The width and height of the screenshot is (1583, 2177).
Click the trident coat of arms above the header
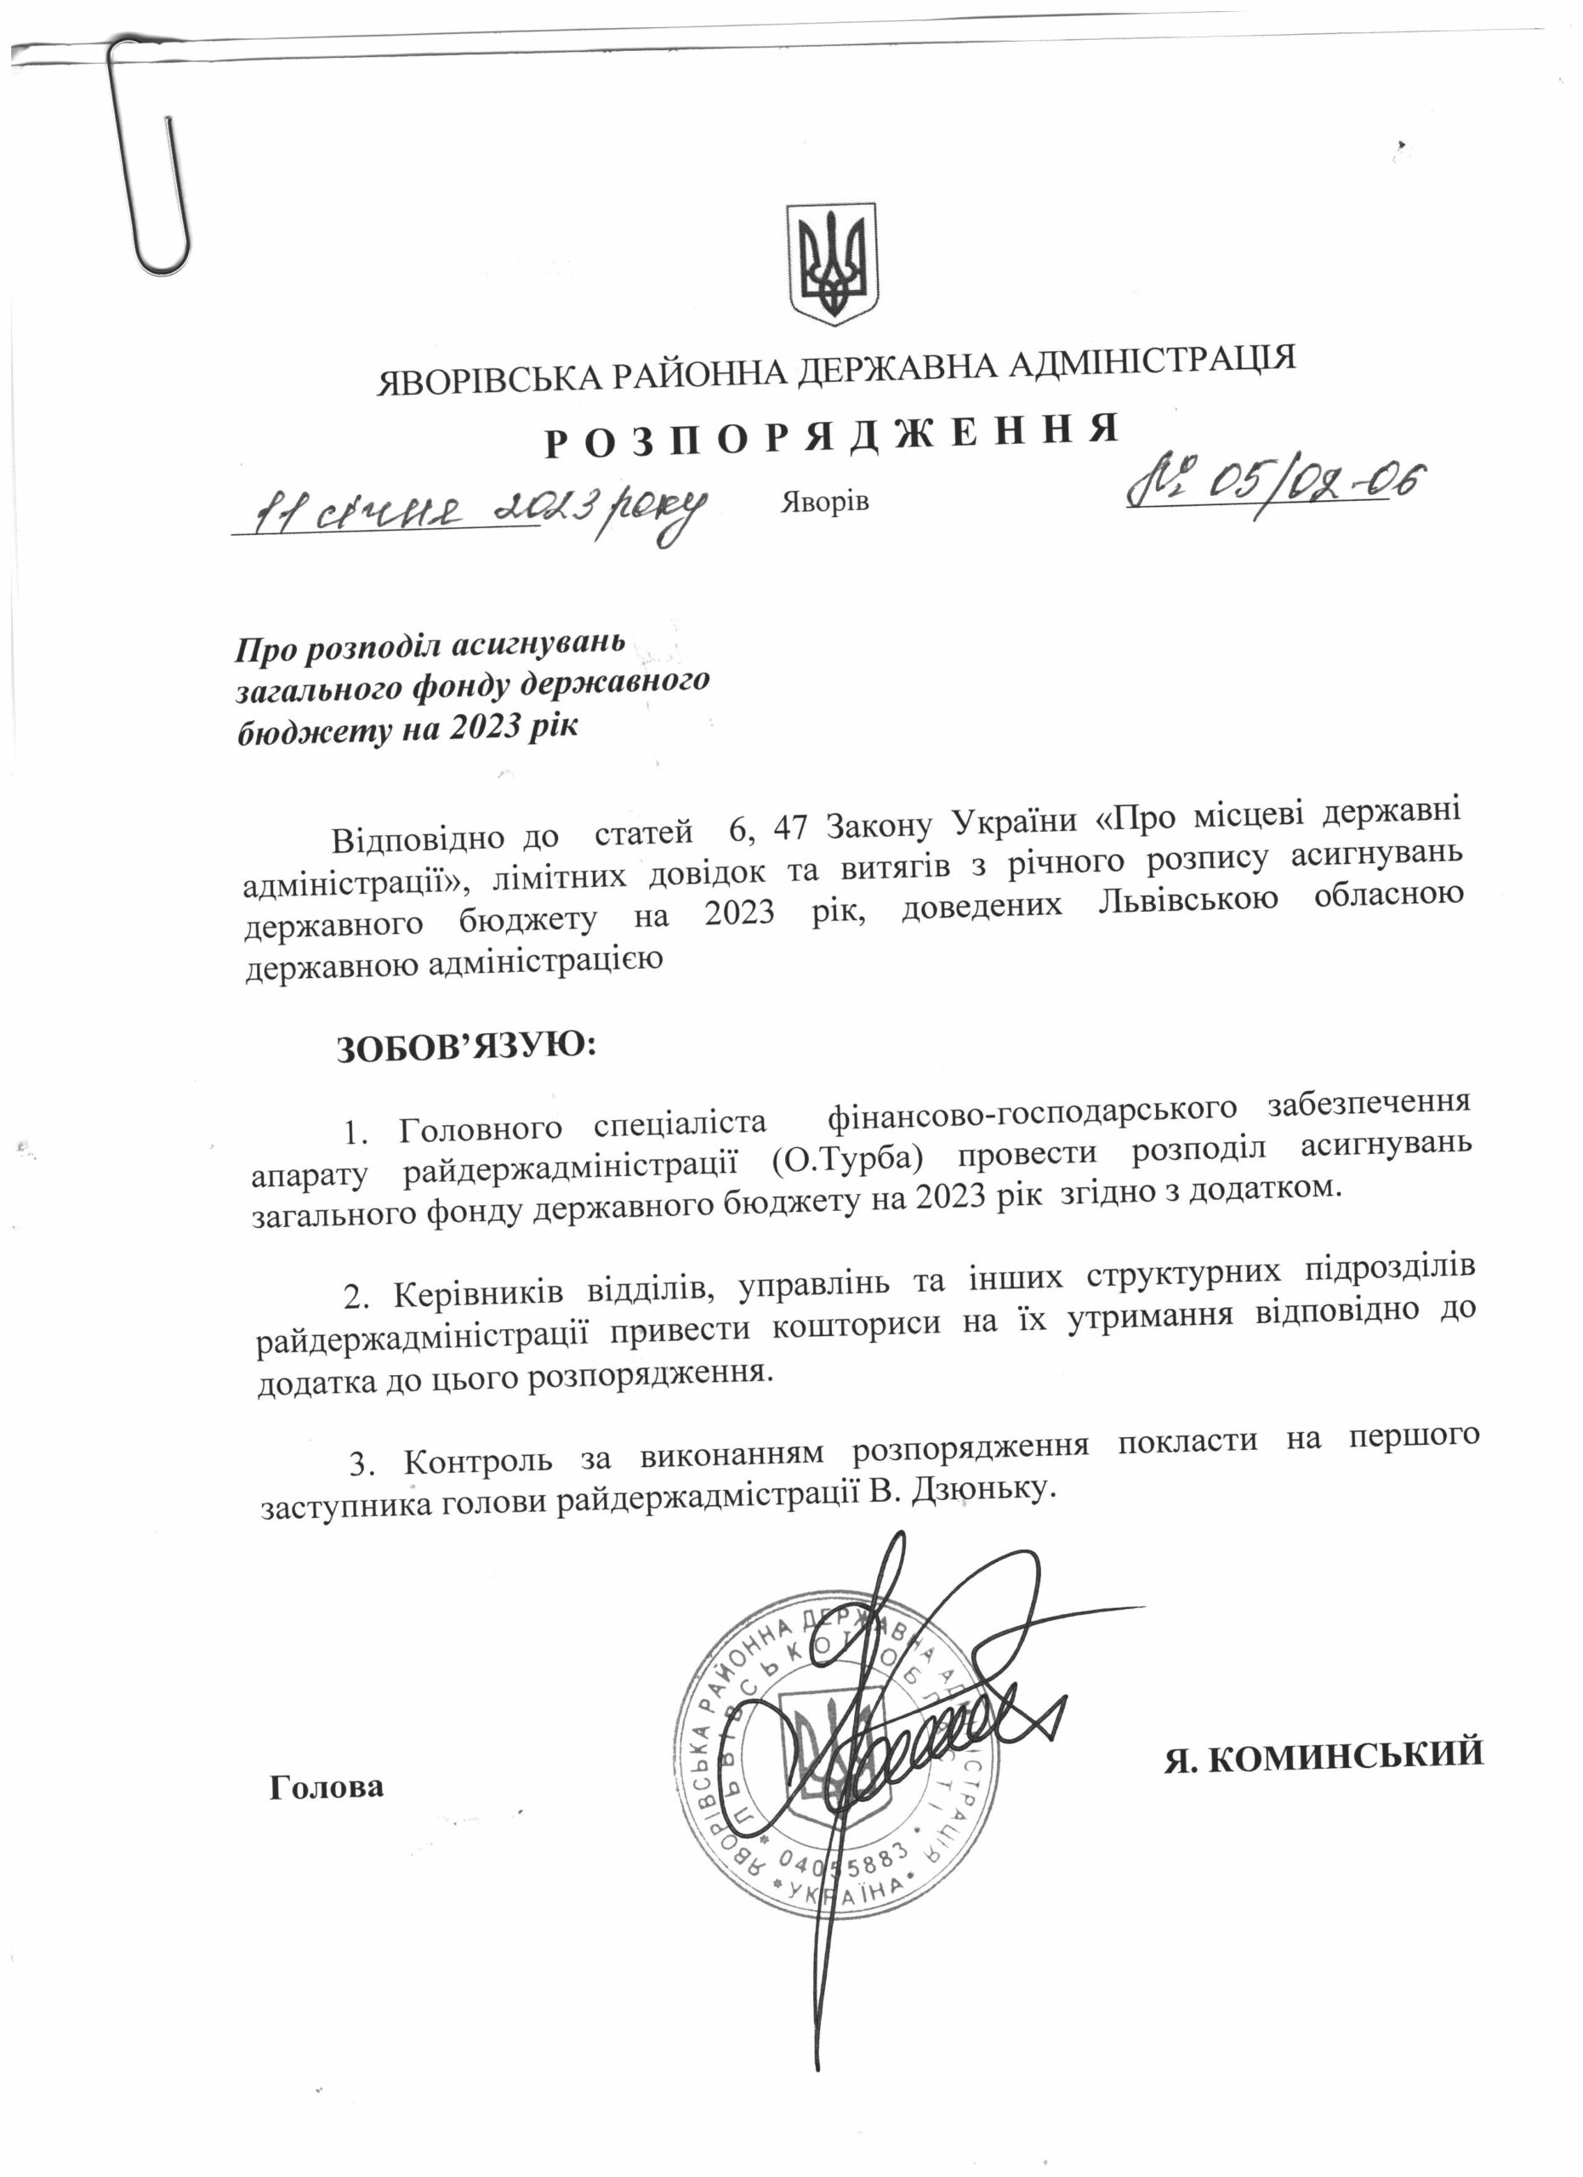coord(831,263)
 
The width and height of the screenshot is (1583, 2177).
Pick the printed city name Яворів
coord(823,502)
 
